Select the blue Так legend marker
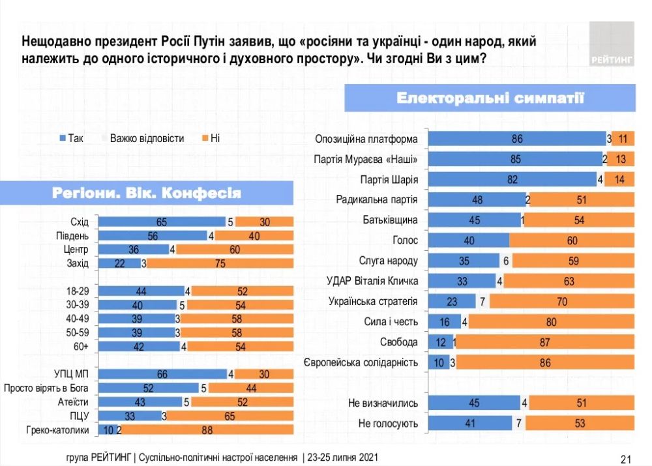63,138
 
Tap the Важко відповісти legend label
147,138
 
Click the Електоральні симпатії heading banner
490,98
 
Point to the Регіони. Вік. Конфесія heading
146,193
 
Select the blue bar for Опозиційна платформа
517,139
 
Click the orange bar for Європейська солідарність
543,362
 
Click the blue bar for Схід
161,222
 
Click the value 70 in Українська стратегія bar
561,302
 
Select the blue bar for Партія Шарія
513,180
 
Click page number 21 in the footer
625,458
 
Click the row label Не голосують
388,424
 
